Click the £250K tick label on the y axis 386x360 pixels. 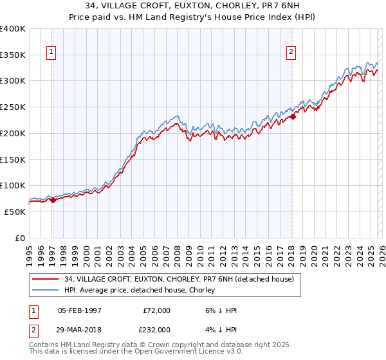[x=13, y=107]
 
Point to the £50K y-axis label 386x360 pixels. [x=15, y=212]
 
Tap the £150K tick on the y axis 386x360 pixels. [x=13, y=159]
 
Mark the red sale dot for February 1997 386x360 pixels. [x=53, y=200]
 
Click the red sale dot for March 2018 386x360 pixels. [x=293, y=116]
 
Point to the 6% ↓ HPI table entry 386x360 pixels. [x=219, y=310]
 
